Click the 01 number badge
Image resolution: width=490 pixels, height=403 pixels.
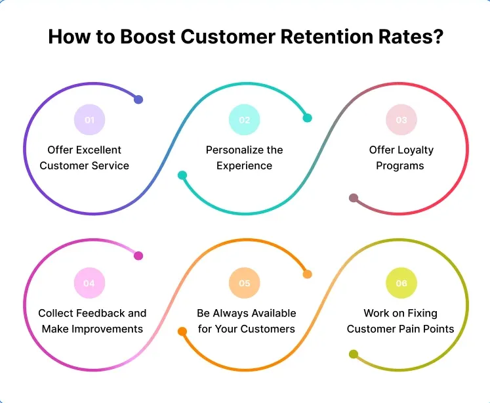tap(89, 120)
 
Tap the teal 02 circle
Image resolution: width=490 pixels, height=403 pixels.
tap(244, 120)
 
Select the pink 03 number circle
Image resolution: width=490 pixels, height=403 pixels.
tap(401, 120)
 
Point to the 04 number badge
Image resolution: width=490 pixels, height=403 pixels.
tap(89, 284)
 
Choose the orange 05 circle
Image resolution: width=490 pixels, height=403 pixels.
tap(244, 284)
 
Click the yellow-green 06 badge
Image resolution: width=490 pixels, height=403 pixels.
tap(401, 284)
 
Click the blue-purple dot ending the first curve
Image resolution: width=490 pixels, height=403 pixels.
tap(138, 100)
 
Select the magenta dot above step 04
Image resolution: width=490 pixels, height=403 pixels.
tap(138, 256)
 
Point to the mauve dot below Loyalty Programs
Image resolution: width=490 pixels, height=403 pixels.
tap(354, 198)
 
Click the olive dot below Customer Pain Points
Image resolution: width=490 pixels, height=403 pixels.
tap(354, 354)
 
